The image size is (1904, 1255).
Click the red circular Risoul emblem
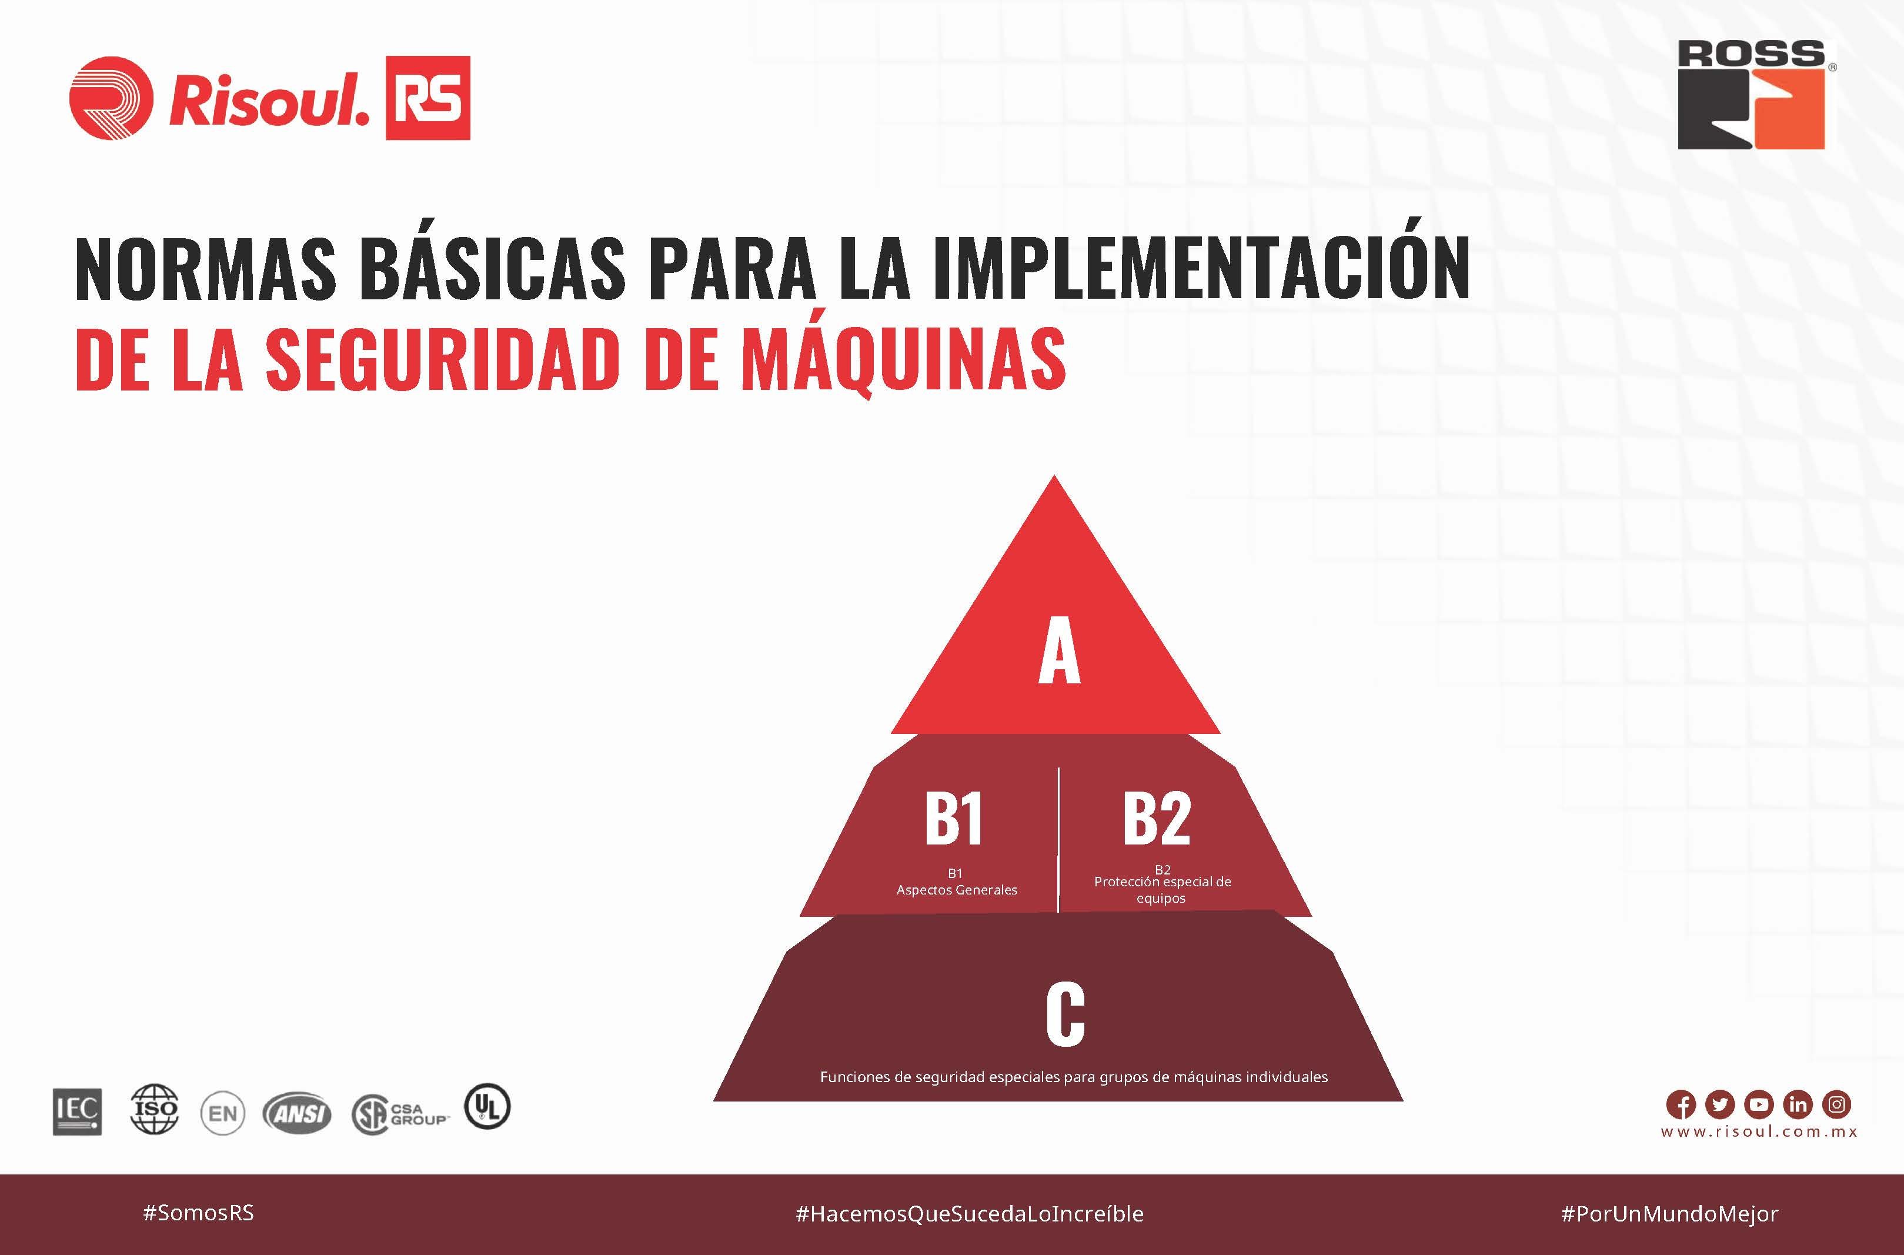[x=111, y=98]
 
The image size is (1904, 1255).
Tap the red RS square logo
[x=428, y=98]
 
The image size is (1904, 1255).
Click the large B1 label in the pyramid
[x=953, y=818]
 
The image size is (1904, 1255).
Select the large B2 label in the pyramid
[x=1157, y=818]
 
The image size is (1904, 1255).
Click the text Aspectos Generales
[x=956, y=890]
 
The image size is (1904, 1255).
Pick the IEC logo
[x=78, y=1112]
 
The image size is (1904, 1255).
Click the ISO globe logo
[x=155, y=1109]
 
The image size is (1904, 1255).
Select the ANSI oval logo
[x=297, y=1113]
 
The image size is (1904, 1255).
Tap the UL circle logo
[x=487, y=1106]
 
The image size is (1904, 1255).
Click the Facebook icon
[x=1681, y=1104]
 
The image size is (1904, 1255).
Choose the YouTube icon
[x=1758, y=1104]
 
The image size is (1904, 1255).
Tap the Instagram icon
[x=1837, y=1104]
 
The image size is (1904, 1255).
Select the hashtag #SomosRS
[x=199, y=1213]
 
